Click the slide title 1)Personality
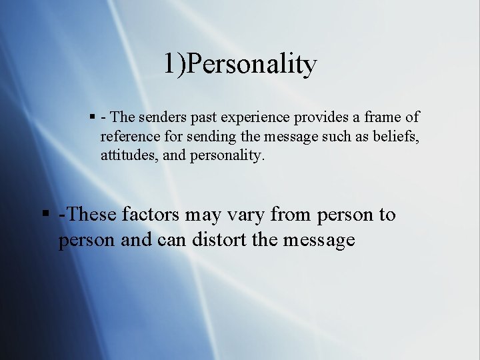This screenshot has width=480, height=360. tap(240, 64)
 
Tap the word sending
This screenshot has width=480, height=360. tap(207, 137)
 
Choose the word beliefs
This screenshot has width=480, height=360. tap(396, 137)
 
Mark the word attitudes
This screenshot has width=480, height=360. tap(127, 156)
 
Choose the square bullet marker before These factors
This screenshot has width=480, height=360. tap(45, 215)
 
